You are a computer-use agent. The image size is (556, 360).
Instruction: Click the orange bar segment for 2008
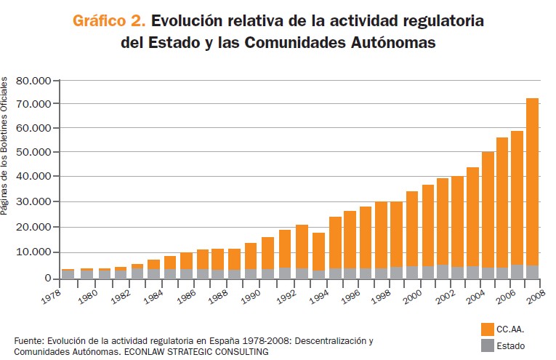point(532,182)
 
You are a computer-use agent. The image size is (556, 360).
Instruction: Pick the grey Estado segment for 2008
point(532,272)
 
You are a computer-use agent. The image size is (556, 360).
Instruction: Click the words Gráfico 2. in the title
point(108,20)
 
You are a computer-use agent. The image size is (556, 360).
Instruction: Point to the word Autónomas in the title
point(393,42)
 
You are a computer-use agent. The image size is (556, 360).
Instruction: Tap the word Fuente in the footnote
point(28,340)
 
